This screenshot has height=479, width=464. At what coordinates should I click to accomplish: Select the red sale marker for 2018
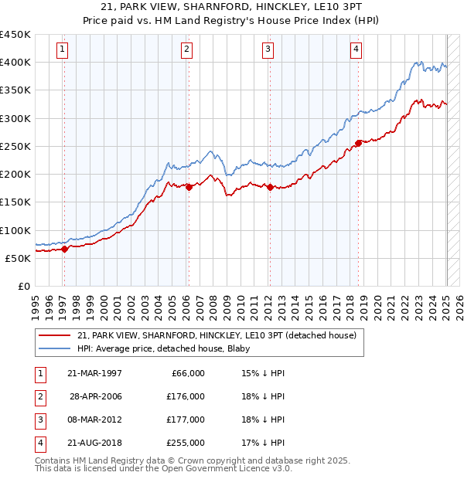[x=359, y=143]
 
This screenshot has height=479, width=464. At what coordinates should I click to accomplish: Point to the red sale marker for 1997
[x=65, y=249]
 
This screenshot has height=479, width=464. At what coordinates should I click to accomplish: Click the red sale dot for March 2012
[x=270, y=186]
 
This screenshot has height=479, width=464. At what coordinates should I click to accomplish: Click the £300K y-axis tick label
[x=16, y=118]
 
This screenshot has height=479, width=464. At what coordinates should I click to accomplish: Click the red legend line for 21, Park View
[x=54, y=335]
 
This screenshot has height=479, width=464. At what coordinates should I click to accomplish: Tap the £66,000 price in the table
[x=187, y=373]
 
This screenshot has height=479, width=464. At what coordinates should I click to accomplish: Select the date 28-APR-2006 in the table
[x=95, y=396]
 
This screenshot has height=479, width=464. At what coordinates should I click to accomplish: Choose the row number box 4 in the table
[x=39, y=443]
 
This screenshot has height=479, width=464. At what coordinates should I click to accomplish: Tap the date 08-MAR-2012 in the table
[x=95, y=420]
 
